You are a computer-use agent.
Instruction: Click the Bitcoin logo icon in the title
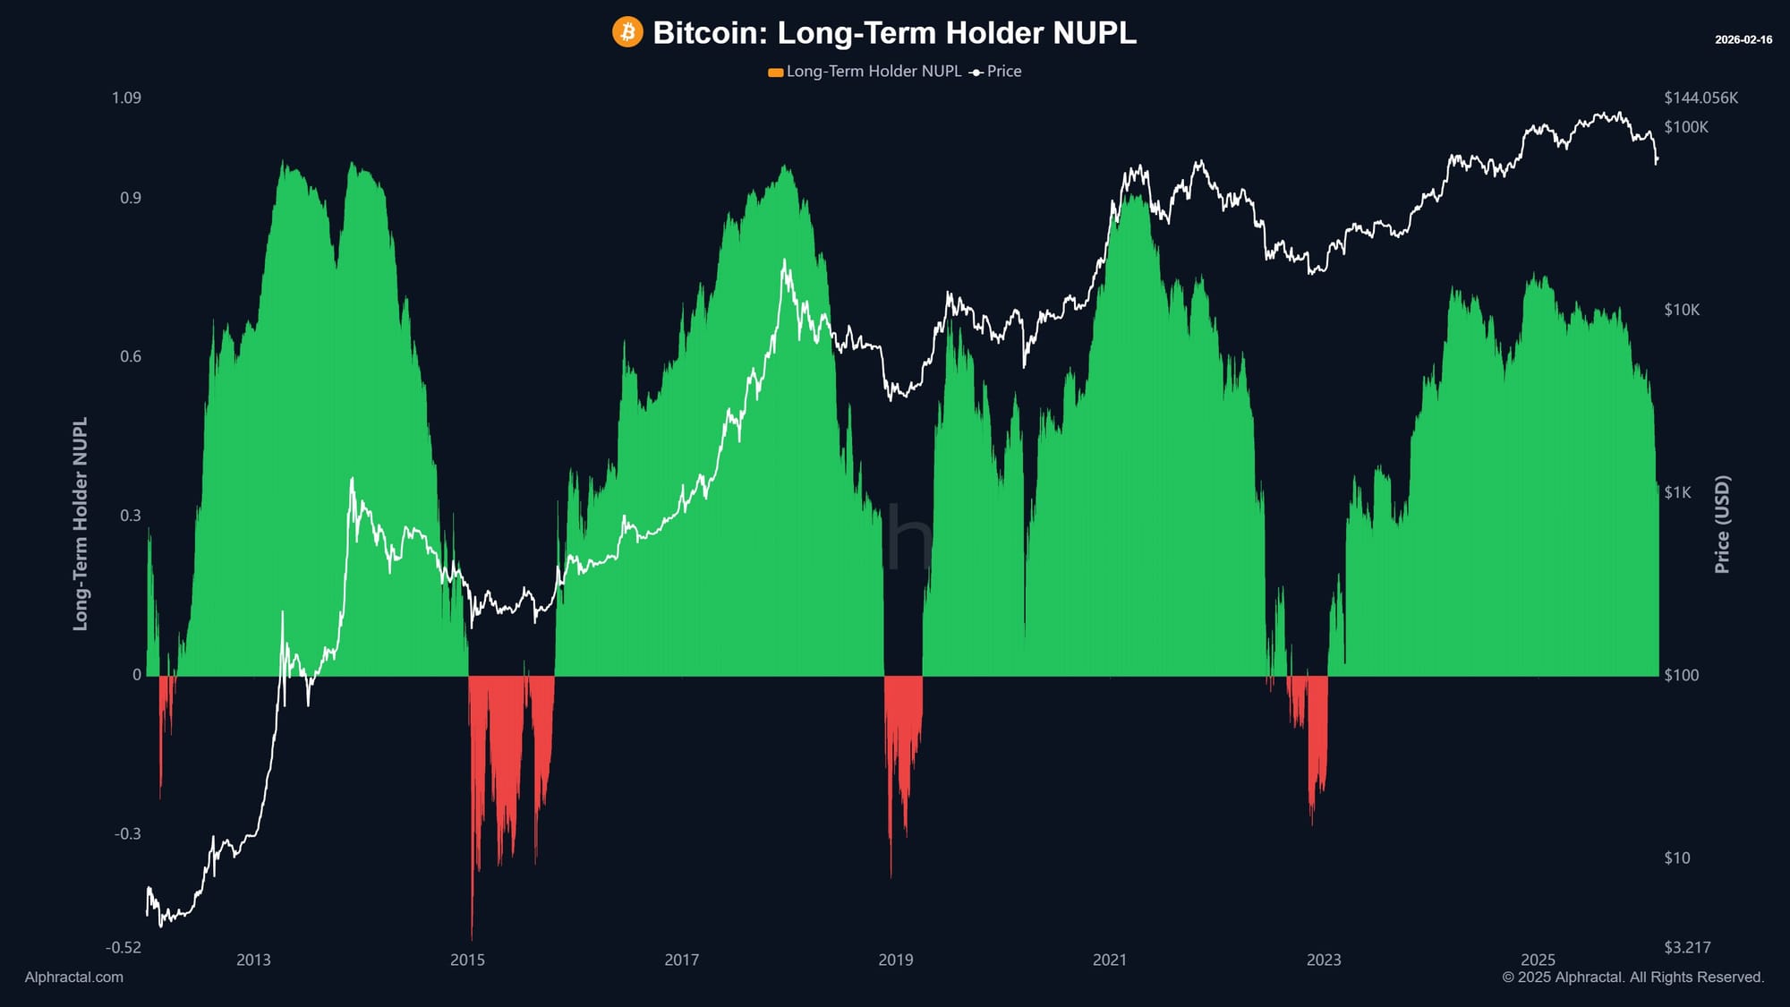tap(627, 32)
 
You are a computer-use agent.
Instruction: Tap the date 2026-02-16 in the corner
tap(1743, 39)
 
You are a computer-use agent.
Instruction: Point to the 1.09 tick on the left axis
tap(126, 98)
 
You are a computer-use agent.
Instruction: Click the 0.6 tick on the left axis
tap(131, 356)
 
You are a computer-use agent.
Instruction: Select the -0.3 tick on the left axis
tap(127, 833)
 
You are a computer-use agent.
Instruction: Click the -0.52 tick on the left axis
tap(124, 947)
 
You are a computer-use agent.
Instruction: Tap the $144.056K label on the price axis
tap(1700, 98)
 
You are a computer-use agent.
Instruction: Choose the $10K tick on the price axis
tap(1681, 310)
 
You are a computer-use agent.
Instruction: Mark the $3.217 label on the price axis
tap(1686, 947)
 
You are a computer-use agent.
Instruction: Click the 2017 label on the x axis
tap(681, 960)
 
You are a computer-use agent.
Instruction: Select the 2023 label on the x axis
tap(1323, 960)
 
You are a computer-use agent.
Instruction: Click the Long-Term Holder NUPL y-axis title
tap(81, 524)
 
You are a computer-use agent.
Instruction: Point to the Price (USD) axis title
tap(1722, 524)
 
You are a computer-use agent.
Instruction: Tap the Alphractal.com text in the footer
tap(74, 977)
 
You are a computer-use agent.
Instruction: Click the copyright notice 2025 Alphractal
tap(1632, 977)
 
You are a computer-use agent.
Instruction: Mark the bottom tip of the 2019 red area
tap(891, 875)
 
